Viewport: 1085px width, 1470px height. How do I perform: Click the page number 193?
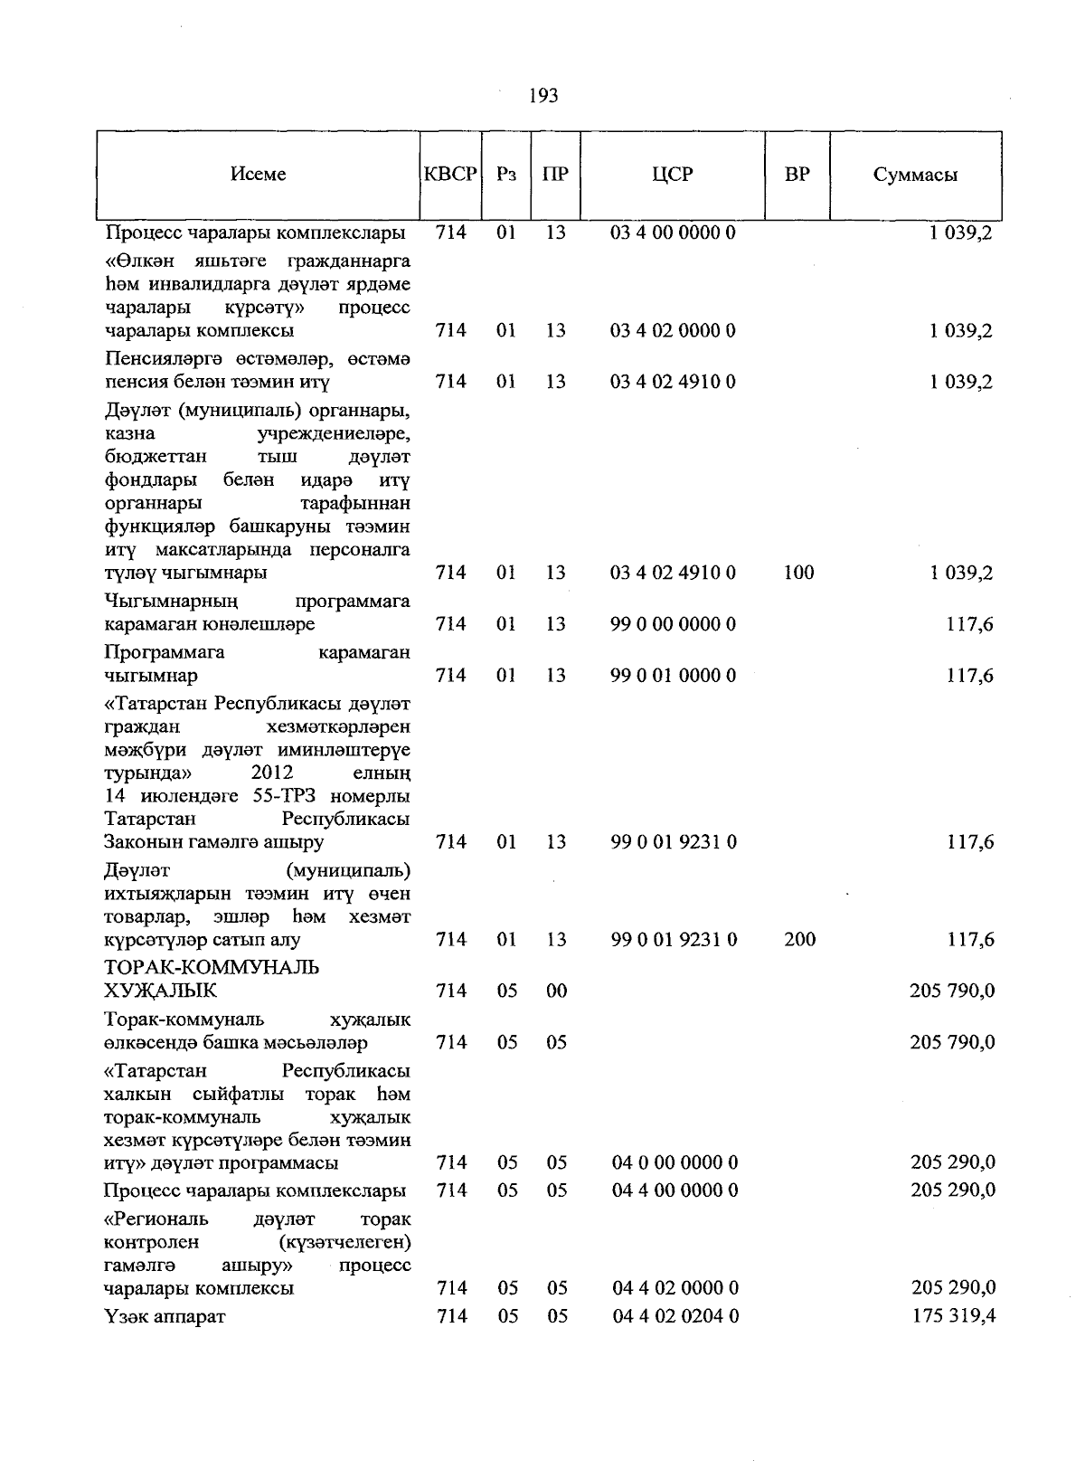tap(542, 95)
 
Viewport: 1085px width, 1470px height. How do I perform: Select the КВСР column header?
tap(450, 175)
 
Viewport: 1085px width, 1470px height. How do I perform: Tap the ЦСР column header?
tap(673, 175)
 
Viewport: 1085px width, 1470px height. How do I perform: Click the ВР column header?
tap(797, 175)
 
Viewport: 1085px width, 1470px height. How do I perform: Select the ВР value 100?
tap(799, 573)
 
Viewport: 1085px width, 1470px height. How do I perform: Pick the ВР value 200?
tap(799, 940)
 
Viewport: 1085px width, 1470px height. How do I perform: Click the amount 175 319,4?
tap(953, 1316)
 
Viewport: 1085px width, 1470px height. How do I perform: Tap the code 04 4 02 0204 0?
tap(675, 1316)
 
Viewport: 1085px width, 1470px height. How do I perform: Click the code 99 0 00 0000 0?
tap(673, 624)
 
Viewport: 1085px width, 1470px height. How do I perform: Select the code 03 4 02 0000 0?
tap(673, 331)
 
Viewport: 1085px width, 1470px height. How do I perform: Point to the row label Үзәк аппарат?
tap(165, 1316)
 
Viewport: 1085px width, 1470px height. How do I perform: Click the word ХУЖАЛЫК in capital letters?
tap(161, 991)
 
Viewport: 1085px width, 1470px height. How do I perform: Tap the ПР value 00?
tap(556, 991)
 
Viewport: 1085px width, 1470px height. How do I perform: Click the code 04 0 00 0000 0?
tap(675, 1163)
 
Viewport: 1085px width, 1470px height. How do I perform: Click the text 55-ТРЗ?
tap(288, 797)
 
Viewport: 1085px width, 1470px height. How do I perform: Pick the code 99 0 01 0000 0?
tap(673, 676)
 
